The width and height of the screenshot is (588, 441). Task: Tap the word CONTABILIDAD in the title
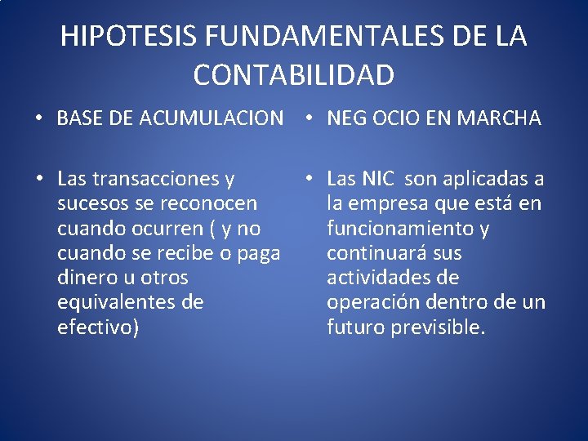(294, 75)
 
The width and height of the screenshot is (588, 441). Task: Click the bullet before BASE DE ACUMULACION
(39, 119)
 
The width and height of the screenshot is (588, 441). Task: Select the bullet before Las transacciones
(39, 179)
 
